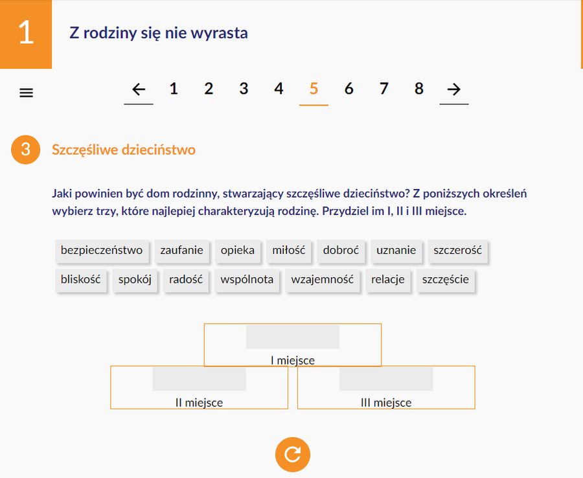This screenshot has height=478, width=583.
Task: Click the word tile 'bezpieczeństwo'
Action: pos(102,251)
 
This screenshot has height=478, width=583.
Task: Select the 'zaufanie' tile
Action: pos(182,251)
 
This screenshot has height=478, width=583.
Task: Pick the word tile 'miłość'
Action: pos(289,251)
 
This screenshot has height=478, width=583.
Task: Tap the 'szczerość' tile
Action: pos(458,251)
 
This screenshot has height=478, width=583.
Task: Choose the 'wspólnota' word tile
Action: pos(247,280)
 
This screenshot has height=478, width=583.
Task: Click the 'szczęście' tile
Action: pos(446,280)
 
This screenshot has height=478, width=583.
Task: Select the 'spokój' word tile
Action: pos(135,280)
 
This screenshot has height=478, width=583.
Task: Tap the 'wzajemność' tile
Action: pos(322,280)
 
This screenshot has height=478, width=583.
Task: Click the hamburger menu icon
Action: pos(26,93)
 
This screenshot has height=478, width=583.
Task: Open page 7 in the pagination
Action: pos(384,89)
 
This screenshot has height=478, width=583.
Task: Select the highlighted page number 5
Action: pos(314,89)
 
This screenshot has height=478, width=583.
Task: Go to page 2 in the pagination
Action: pos(209,89)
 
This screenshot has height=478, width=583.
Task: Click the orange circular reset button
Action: pos(293,454)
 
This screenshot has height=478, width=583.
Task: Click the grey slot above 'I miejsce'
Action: pos(293,337)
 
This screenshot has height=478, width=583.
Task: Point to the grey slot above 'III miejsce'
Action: pos(386,379)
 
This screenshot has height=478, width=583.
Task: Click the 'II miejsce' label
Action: pos(199,402)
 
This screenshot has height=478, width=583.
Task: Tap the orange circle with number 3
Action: pos(26,150)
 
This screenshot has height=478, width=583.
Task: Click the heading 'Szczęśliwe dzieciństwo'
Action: pos(124,150)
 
